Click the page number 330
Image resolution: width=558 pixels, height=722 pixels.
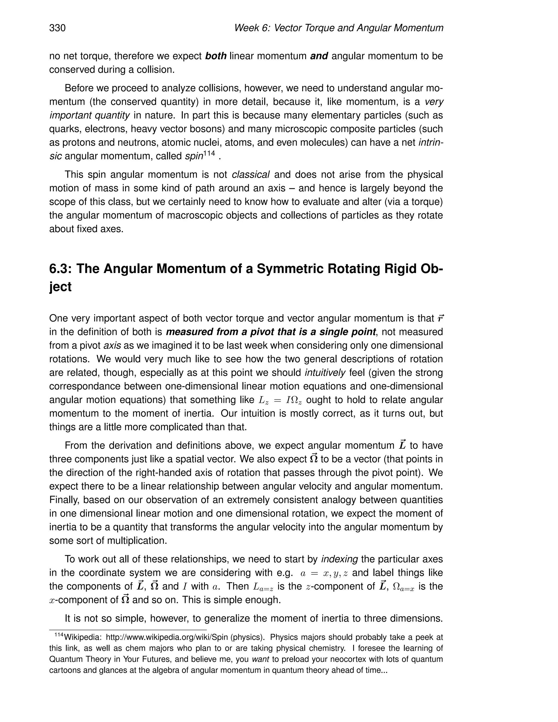tap(57, 28)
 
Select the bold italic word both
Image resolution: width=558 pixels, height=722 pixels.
tap(216, 56)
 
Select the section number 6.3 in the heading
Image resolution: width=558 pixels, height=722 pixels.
tap(60, 268)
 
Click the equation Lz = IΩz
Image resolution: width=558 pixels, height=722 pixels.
tap(279, 400)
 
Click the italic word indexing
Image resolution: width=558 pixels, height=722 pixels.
tap(339, 559)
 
